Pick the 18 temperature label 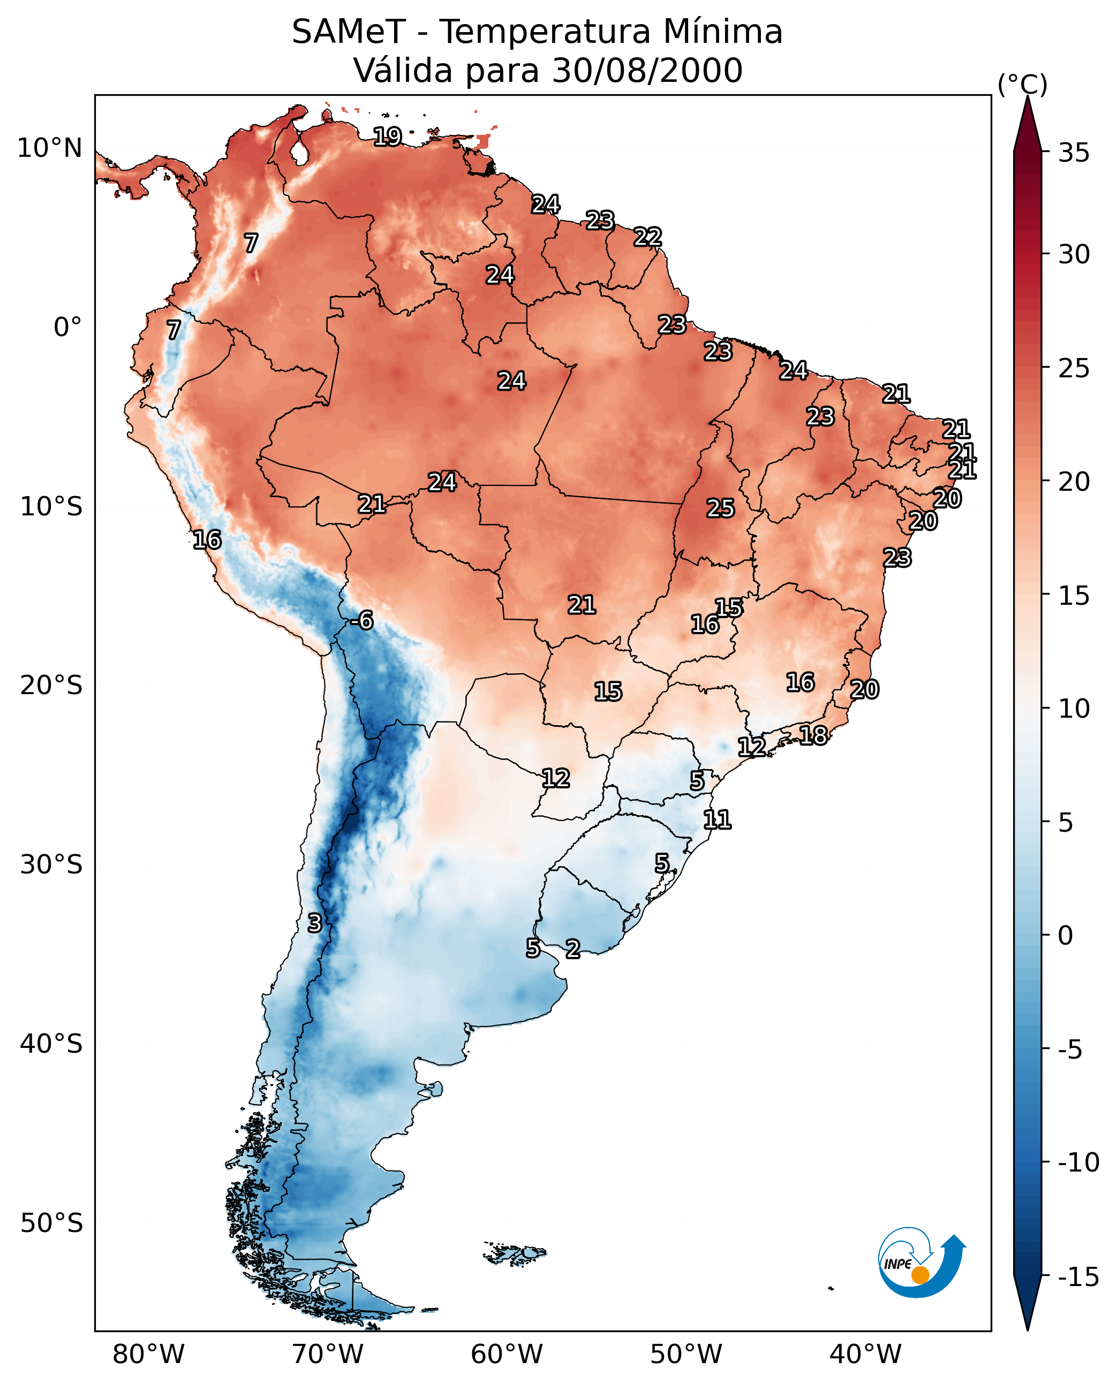click(x=813, y=735)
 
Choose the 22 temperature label click(x=647, y=237)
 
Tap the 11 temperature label click(x=717, y=819)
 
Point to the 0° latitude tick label click(x=67, y=328)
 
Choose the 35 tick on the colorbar click(x=1074, y=153)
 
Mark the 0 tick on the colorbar click(x=1065, y=936)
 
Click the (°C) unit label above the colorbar click(x=1022, y=84)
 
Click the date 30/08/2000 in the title click(x=647, y=70)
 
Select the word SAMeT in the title click(x=348, y=32)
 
